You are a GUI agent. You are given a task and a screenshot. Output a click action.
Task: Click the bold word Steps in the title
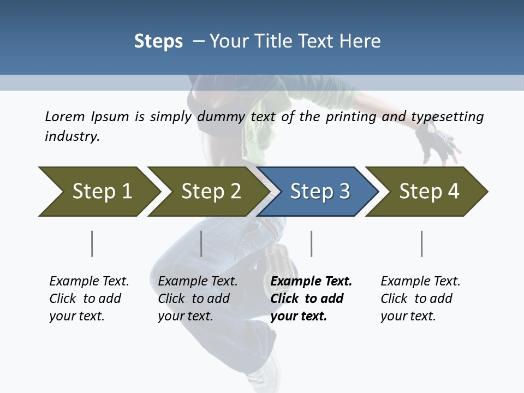tap(158, 41)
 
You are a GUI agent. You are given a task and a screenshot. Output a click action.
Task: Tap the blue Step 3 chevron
tap(319, 192)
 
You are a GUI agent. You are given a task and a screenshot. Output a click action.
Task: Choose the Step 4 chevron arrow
tap(428, 192)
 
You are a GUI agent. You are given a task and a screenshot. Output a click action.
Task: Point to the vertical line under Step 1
tap(92, 243)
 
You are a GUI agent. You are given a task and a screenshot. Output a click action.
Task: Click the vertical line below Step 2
tap(201, 243)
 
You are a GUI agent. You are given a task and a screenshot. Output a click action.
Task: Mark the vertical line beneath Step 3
tap(311, 243)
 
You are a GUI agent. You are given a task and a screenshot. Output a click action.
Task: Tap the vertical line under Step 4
tap(421, 243)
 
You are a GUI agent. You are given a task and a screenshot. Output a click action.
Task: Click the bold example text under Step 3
tap(310, 299)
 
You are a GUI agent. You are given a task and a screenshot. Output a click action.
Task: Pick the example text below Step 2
tap(197, 299)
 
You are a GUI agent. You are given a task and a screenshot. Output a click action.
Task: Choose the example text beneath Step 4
tap(420, 299)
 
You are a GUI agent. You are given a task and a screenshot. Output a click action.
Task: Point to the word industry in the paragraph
tap(72, 136)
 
